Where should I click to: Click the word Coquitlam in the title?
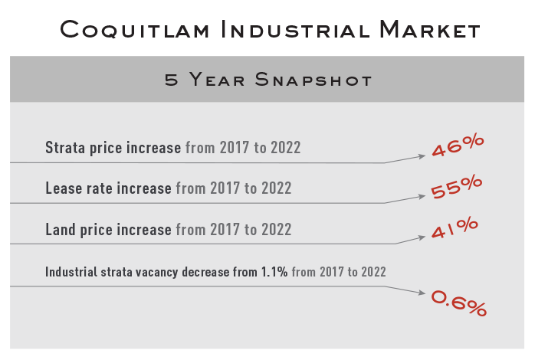click(134, 30)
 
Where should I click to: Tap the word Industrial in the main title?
click(295, 29)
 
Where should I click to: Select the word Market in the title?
click(430, 29)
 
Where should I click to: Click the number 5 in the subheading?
click(171, 80)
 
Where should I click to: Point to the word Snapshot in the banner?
click(313, 80)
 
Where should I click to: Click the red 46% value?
click(458, 146)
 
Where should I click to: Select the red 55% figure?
click(457, 187)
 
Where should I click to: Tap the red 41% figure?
click(455, 227)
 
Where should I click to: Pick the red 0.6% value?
click(459, 303)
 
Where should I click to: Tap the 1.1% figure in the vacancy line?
click(274, 272)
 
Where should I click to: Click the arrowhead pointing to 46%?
click(422, 156)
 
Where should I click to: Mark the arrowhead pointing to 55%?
click(422, 196)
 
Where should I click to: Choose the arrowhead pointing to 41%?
click(422, 237)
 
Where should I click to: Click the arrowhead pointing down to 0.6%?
click(422, 292)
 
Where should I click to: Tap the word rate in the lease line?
click(100, 188)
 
